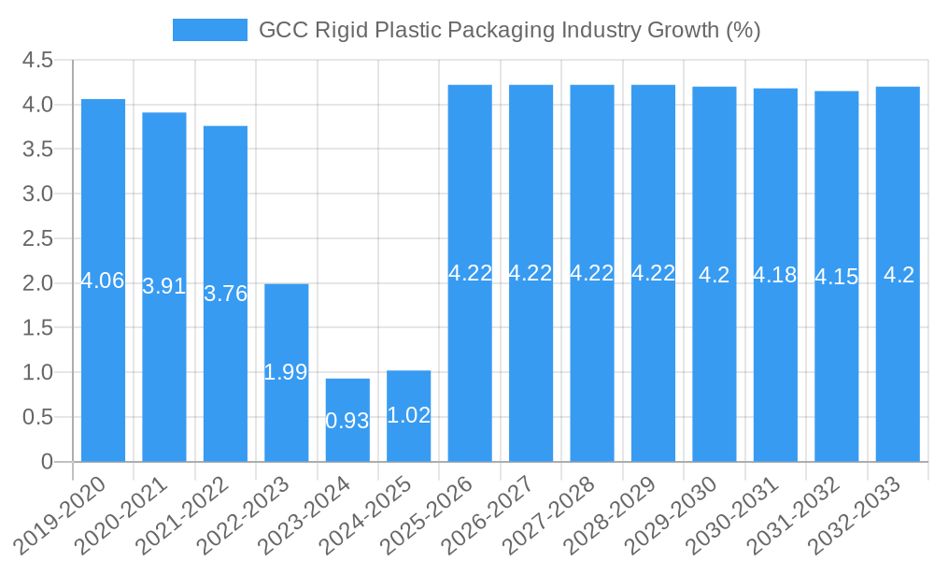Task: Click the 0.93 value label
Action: click(x=347, y=421)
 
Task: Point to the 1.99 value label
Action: click(x=286, y=372)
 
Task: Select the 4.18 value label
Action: click(x=775, y=275)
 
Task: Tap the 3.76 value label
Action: click(x=225, y=294)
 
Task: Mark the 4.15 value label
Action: click(x=836, y=277)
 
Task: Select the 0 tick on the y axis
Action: click(x=47, y=462)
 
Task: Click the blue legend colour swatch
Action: click(x=209, y=30)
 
